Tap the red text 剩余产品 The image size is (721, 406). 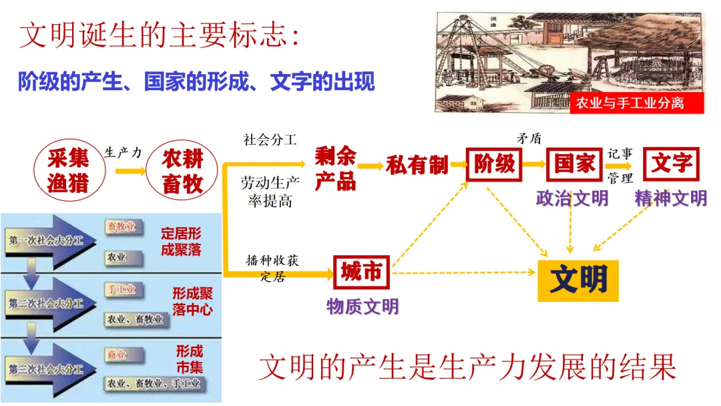click(335, 168)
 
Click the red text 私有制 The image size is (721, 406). click(417, 165)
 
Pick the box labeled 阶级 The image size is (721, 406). click(494, 164)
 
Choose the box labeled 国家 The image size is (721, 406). click(575, 164)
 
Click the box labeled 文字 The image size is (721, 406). click(671, 164)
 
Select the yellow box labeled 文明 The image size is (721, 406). click(578, 280)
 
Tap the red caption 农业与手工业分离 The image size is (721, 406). click(630, 104)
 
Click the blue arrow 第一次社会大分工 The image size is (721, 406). click(50, 240)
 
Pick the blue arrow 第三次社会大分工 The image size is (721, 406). click(50, 367)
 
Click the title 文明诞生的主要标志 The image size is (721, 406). click(160, 35)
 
